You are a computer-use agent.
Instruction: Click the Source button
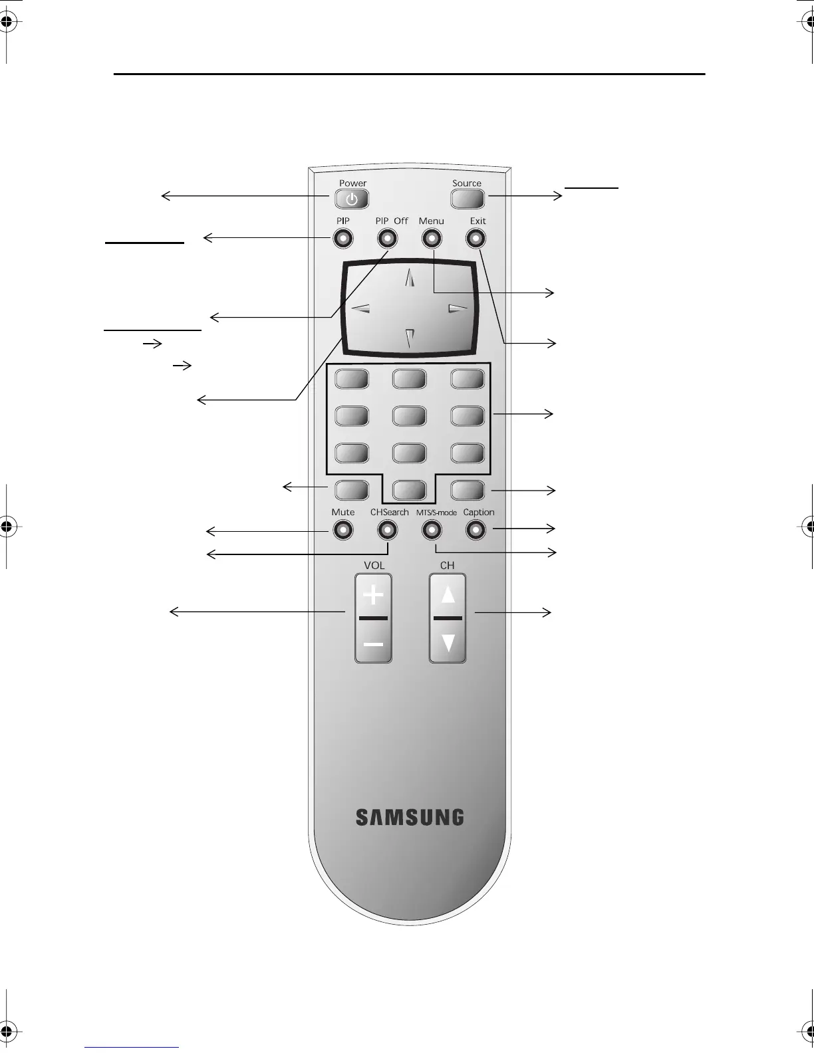468,198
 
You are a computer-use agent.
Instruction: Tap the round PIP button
343,238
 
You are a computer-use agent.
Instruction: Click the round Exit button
475,238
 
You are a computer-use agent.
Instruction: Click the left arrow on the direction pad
360,308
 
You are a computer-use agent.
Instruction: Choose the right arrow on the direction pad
458,308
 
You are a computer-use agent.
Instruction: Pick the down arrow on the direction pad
410,338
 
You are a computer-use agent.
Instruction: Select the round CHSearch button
388,530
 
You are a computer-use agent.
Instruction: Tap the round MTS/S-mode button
432,530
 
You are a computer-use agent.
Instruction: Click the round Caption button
475,530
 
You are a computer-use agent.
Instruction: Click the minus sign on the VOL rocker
374,644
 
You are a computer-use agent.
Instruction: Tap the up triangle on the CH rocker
448,594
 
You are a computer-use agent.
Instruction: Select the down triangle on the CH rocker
448,643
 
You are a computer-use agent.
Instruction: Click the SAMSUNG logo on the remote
410,817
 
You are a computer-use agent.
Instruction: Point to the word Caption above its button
479,513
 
